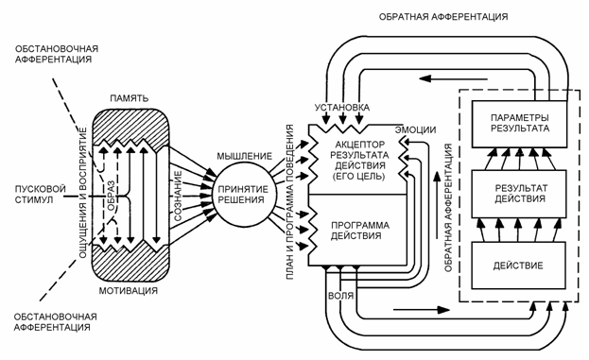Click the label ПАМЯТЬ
point(129,96)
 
